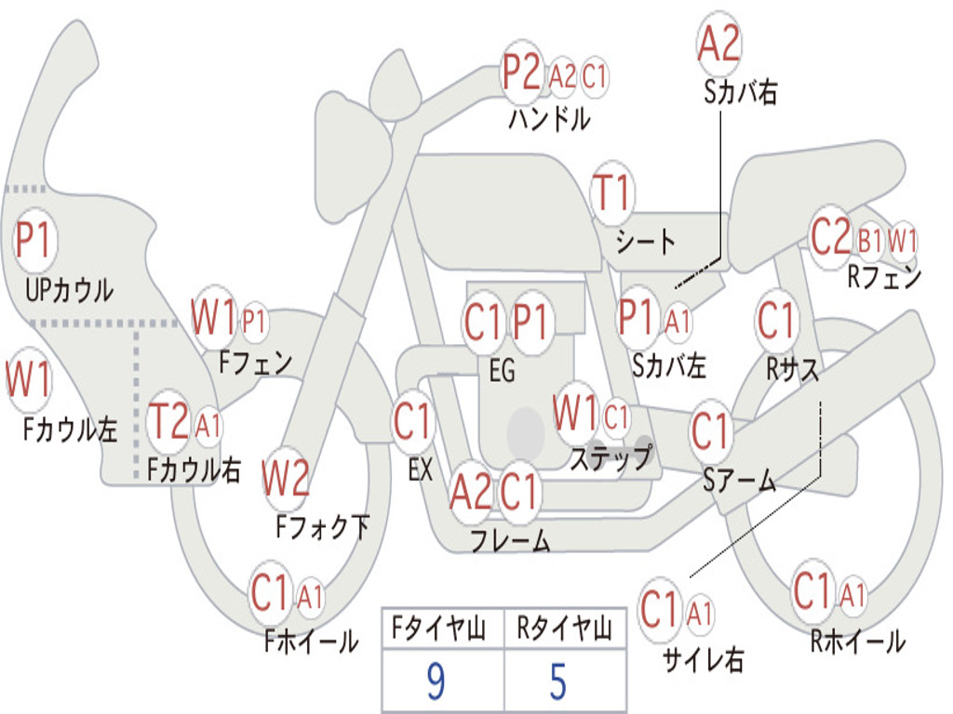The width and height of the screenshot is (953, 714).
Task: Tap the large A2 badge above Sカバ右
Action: click(718, 44)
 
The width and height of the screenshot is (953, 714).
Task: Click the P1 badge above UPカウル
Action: click(35, 241)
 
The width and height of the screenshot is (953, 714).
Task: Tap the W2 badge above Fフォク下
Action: click(286, 479)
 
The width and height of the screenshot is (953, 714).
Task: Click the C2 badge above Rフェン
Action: click(830, 238)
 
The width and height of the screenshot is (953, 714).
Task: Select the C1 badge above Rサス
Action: click(776, 322)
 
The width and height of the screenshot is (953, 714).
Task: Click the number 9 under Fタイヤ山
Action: click(435, 681)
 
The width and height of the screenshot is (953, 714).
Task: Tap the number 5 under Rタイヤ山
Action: click(558, 681)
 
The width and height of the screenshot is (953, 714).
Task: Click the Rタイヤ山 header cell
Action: click(564, 630)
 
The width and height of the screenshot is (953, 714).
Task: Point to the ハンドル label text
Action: click(549, 119)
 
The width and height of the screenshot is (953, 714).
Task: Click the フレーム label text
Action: click(510, 540)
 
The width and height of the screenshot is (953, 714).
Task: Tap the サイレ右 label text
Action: click(703, 659)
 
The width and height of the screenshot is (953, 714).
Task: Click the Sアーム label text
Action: click(739, 481)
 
